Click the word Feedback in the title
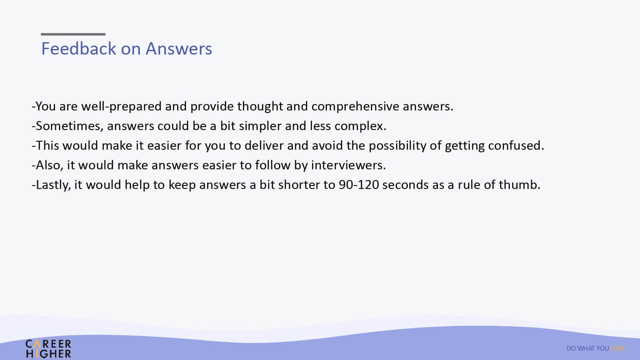pos(79,49)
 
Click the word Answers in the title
pos(179,49)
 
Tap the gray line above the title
pos(73,34)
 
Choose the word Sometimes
pos(70,126)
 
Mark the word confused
pos(516,146)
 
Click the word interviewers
pos(348,165)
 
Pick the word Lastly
pos(53,185)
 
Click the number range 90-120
pos(359,185)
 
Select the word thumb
pos(519,185)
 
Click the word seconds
pos(405,185)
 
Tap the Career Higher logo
pos(48,349)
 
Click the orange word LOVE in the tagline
pos(618,348)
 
